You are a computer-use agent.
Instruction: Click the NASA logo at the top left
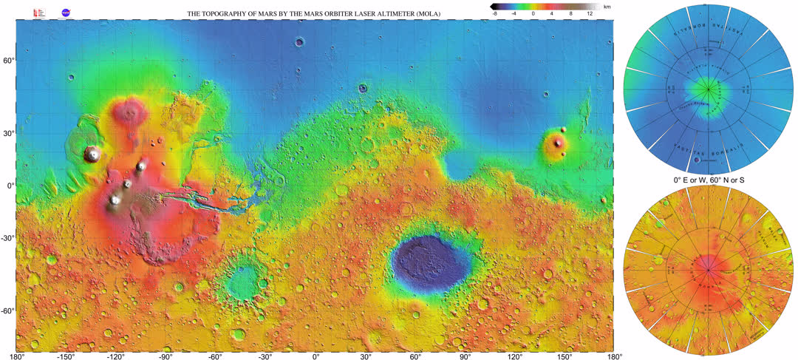point(66,13)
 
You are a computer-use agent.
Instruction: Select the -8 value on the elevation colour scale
point(494,14)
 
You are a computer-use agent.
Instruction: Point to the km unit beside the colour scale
point(607,6)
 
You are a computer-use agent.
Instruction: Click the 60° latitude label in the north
point(7,61)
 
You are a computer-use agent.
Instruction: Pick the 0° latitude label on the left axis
point(10,186)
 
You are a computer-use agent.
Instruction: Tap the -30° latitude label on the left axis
point(7,238)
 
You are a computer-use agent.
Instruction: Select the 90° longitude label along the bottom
point(465,356)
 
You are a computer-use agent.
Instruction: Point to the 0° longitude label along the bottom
point(316,356)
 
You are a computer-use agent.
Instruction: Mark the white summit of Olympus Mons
point(93,154)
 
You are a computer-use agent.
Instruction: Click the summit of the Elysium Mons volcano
point(559,143)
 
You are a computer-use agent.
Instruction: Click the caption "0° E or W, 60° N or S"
point(709,180)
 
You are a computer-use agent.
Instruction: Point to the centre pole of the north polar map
point(709,90)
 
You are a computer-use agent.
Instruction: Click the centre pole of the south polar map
point(709,271)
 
